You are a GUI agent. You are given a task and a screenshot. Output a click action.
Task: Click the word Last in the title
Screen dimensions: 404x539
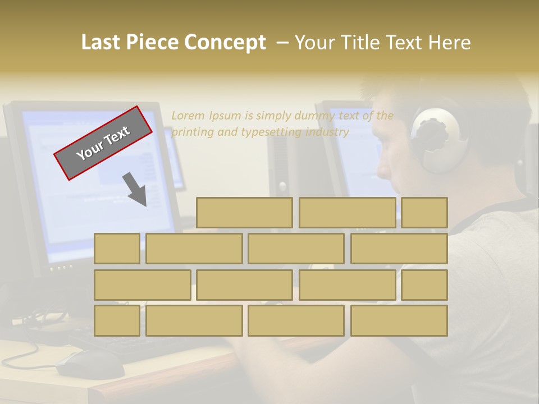pyautogui.click(x=101, y=42)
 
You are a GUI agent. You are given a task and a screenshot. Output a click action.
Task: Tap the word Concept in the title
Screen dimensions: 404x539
pyautogui.click(x=225, y=42)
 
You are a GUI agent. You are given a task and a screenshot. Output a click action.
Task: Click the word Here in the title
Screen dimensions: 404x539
pyautogui.click(x=449, y=42)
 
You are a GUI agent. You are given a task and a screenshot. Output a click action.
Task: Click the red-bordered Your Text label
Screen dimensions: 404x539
pyautogui.click(x=103, y=143)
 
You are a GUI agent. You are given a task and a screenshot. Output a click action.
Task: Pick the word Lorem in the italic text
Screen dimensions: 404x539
pyautogui.click(x=189, y=116)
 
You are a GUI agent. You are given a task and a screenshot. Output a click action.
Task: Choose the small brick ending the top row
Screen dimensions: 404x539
pyautogui.click(x=424, y=213)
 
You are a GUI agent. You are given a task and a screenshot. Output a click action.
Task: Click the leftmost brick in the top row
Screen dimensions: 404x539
pyautogui.click(x=244, y=213)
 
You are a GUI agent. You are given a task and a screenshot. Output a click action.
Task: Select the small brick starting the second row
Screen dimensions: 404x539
pyautogui.click(x=117, y=249)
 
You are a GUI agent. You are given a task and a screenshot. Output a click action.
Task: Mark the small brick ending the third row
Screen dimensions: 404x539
pyautogui.click(x=424, y=285)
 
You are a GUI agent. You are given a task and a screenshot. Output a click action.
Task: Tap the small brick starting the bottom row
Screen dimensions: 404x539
pyautogui.click(x=117, y=321)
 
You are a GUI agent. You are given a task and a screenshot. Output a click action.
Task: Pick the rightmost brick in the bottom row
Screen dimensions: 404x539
pyautogui.click(x=399, y=321)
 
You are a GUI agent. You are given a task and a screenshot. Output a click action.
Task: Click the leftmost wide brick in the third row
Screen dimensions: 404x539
pyautogui.click(x=142, y=285)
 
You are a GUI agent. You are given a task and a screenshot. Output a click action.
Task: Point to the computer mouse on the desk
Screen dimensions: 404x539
pyautogui.click(x=90, y=365)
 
